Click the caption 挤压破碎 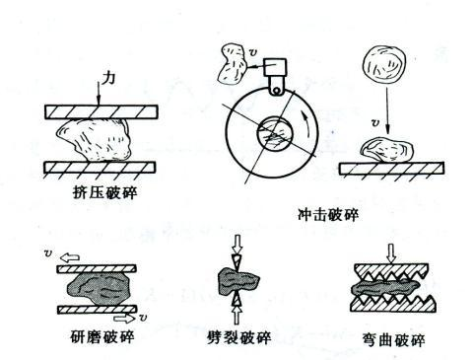[104, 192]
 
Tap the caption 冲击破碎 [327, 215]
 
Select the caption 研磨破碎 [102, 336]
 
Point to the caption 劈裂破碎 [238, 337]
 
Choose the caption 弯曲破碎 [393, 340]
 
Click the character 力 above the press [108, 79]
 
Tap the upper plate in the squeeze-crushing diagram [102, 111]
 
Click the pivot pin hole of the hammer [277, 90]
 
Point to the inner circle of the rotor [274, 133]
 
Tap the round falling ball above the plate [384, 63]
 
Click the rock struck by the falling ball [386, 151]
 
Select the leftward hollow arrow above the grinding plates [71, 257]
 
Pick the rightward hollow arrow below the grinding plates [124, 318]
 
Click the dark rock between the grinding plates [98, 288]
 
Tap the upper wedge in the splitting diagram [237, 262]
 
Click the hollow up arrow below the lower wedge [237, 314]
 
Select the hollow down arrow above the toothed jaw [391, 253]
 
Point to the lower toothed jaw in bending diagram [393, 304]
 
